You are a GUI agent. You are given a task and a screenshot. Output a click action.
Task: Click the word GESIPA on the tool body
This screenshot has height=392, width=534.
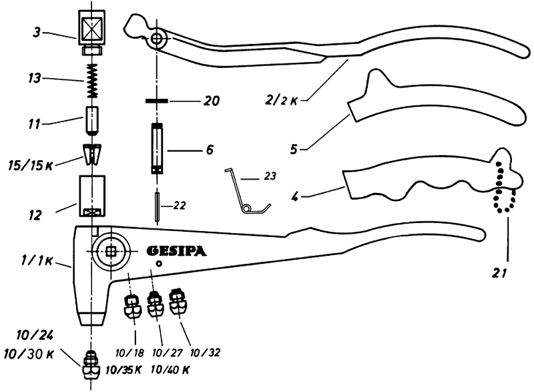tap(176, 252)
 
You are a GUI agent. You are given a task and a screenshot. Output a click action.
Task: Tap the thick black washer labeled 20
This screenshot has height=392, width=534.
tap(158, 102)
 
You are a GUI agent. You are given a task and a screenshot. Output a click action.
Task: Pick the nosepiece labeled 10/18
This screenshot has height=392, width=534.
tap(131, 306)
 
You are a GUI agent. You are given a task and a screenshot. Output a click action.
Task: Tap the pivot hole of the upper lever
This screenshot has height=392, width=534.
tap(158, 39)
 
